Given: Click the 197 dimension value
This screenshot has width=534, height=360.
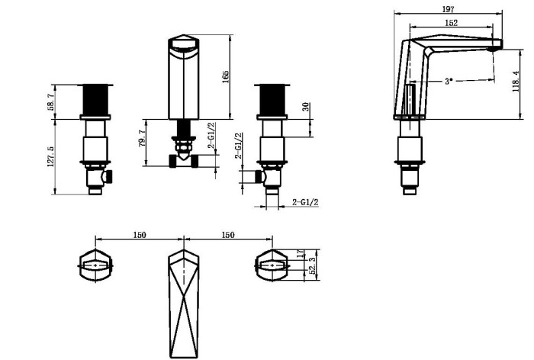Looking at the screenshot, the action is point(449,9).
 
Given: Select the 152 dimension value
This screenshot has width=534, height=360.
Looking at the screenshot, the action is point(452,23).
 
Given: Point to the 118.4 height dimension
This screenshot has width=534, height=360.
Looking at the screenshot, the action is point(516,82).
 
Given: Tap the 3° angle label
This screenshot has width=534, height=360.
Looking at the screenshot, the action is point(449,82).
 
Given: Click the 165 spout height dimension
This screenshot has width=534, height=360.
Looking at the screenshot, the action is point(225,77).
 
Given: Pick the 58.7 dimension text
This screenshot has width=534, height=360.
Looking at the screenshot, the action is point(51,101).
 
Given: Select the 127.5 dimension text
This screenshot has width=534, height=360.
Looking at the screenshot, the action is point(51,156).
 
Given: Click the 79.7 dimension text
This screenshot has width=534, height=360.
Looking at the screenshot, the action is point(143,138).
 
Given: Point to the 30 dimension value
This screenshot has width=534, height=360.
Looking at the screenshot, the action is point(305,107).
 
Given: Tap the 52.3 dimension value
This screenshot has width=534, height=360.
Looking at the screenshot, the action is point(312,266).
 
